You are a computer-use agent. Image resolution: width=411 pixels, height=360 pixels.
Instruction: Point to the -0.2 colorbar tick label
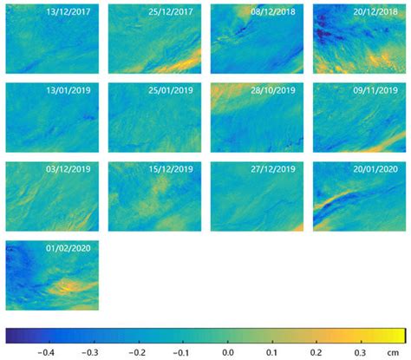(x=135, y=352)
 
